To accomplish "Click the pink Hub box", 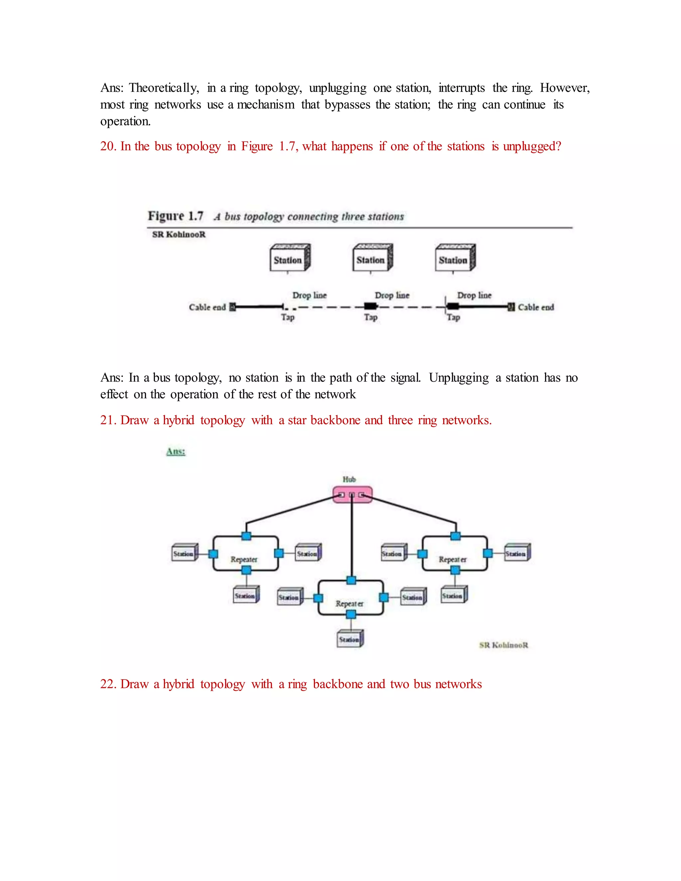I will pos(352,495).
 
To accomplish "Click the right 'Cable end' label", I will pos(536,308).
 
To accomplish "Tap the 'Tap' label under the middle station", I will pos(371,317).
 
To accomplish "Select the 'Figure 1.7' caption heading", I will pos(175,216).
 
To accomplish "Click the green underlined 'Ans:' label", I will pos(176,451).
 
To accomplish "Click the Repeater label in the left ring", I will pos(244,560).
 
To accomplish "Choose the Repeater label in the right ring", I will pos(453,560).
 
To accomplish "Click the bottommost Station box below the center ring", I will pos(350,639).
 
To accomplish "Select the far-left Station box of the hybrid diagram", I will pos(184,554).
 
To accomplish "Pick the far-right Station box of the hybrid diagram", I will pos(517,554).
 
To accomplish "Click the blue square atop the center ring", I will pos(351,580).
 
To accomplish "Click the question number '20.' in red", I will pos(108,146).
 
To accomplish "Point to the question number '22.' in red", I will pos(108,684).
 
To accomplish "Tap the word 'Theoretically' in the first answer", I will pos(163,88).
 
